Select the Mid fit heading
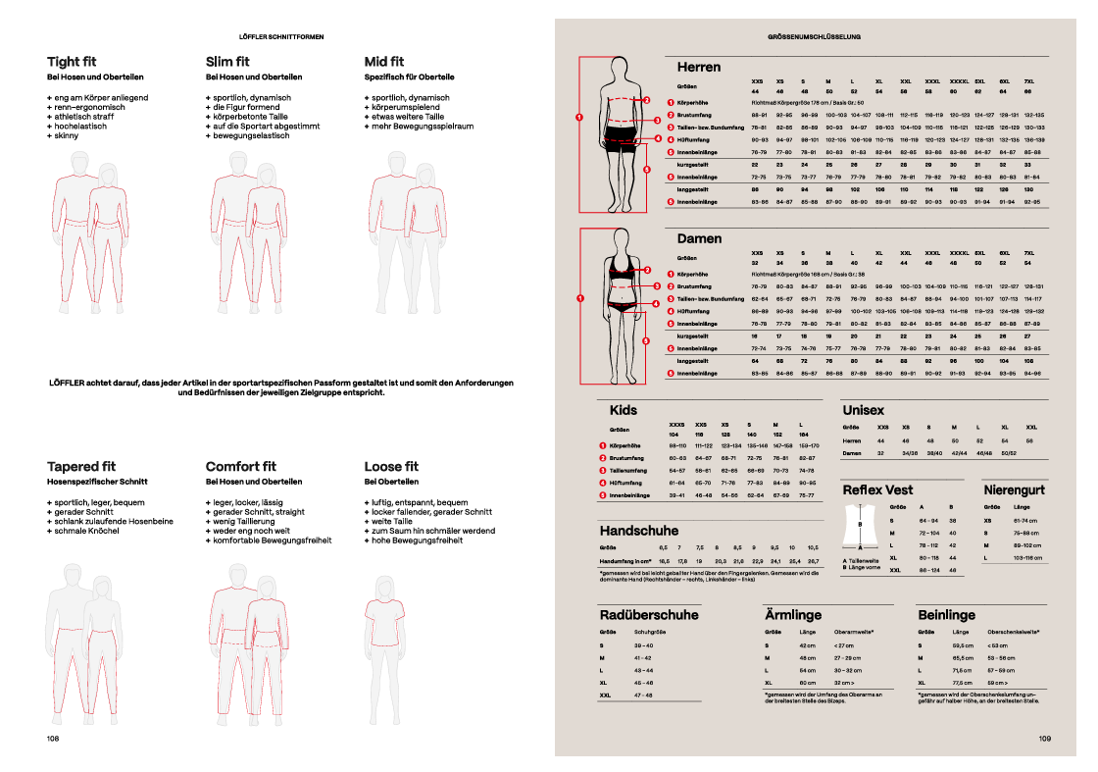pos(384,62)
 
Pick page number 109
pos(1044,738)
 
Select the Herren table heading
pos(699,68)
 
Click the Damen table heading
pos(699,238)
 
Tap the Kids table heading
pos(624,410)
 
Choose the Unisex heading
pos(863,410)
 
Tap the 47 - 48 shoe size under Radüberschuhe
pos(643,695)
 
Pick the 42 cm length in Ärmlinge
pos(808,645)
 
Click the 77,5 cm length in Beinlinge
pos(962,682)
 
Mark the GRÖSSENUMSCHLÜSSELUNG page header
pos(814,36)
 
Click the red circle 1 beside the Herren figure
pos(579,118)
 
